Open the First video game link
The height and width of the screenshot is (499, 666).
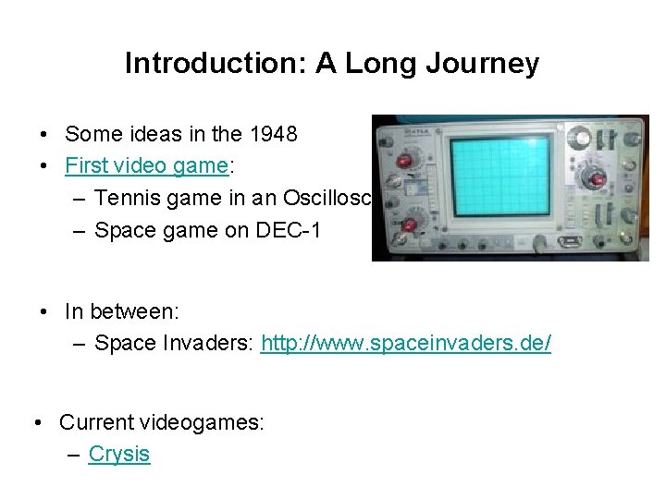pyautogui.click(x=146, y=165)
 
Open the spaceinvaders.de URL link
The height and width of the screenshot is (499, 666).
pyautogui.click(x=406, y=344)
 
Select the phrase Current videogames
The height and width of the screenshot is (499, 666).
pyautogui.click(x=162, y=422)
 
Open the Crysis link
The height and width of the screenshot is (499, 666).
pyautogui.click(x=118, y=454)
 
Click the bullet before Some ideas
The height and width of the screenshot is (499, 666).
pyautogui.click(x=45, y=135)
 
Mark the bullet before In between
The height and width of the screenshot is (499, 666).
pyautogui.click(x=45, y=312)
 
